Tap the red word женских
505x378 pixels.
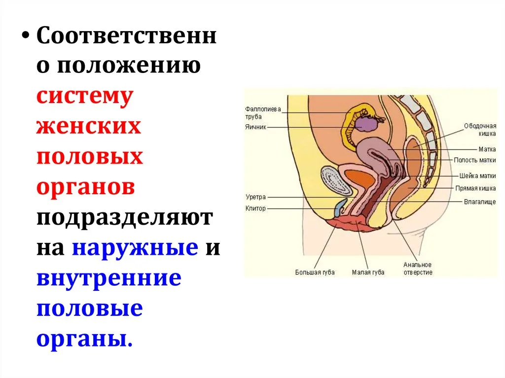pos(89,126)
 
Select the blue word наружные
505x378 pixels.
pos(135,248)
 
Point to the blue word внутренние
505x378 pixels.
pos(109,278)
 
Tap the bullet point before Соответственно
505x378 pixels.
pos(26,35)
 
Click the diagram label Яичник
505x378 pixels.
pos(256,127)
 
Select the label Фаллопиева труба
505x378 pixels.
pos(263,113)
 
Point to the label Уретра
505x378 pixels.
pos(256,197)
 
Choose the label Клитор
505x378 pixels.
pos(256,208)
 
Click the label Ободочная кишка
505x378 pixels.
pos(480,130)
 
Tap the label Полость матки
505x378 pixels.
pos(475,160)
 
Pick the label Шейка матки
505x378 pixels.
pos(477,176)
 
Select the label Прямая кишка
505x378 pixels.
pos(475,188)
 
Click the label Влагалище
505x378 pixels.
pos(480,202)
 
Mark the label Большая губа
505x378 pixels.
pos(315,273)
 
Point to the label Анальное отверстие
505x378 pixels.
pos(418,269)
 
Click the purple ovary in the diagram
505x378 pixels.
pos(365,124)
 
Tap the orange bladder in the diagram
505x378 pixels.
pos(359,178)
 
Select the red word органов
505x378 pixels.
pos(85,187)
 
